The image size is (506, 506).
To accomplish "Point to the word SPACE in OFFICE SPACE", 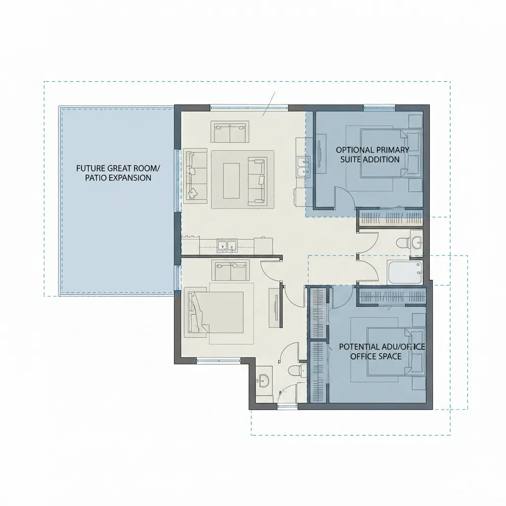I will tap(389, 356).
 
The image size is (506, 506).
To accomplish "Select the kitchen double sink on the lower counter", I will tap(228, 244).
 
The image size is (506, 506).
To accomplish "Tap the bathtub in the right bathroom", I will tap(404, 272).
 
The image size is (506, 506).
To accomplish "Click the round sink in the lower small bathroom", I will tap(264, 379).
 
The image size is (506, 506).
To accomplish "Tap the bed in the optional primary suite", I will tap(390, 153).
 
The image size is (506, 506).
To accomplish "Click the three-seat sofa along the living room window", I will tap(196, 175).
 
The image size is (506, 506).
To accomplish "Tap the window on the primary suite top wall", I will tap(379, 107).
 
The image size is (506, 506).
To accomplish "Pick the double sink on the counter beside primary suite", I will tap(302, 167).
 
